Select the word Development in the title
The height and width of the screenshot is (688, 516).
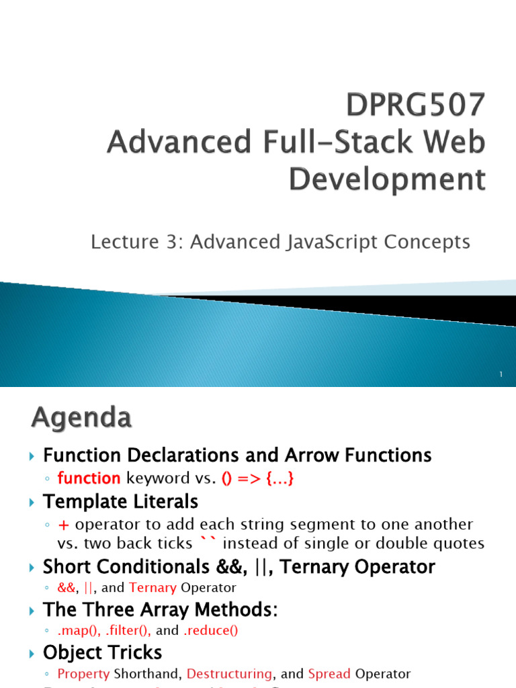[x=387, y=179]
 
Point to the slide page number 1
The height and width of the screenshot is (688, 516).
[x=501, y=374]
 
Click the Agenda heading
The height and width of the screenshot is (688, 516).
[x=81, y=419]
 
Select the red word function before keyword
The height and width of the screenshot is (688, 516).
[x=89, y=478]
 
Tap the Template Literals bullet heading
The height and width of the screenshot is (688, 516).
[x=120, y=501]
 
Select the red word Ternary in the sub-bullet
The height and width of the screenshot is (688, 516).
[x=153, y=588]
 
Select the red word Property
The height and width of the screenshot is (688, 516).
[x=84, y=673]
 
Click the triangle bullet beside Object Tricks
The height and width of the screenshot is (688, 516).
[x=32, y=653]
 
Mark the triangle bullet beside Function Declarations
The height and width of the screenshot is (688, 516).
[x=32, y=456]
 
